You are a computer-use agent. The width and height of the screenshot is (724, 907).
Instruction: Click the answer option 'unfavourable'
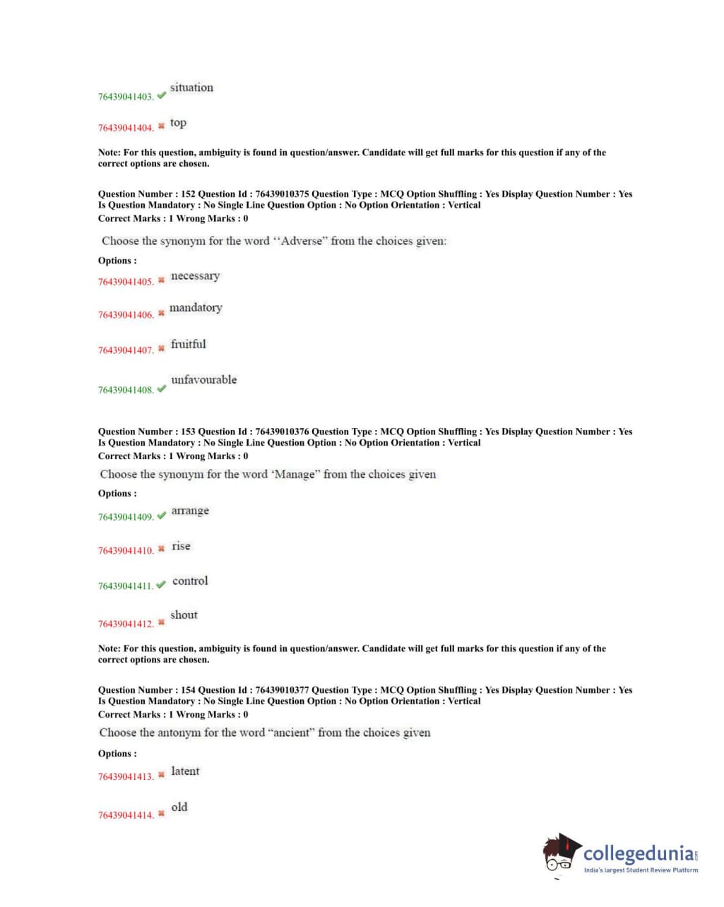coord(203,379)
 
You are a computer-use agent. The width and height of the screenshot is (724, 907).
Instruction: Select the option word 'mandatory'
coord(196,307)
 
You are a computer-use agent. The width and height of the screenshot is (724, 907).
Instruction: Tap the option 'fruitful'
coord(189,344)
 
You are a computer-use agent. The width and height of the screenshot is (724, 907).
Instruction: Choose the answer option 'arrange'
coord(190,511)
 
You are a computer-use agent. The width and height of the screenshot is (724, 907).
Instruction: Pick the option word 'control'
coord(190,581)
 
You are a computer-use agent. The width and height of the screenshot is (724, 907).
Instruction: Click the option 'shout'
coord(184,615)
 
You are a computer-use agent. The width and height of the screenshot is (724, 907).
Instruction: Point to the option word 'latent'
coord(185,771)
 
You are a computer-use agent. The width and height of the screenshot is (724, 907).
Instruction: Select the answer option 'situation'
coord(191,88)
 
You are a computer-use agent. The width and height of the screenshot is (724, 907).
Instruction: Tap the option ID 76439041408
coord(125,390)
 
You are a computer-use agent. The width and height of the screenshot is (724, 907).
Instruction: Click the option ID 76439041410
coord(125,550)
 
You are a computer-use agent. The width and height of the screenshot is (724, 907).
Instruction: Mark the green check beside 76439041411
coord(161,584)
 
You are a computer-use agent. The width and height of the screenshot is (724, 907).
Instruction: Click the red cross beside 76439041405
coord(161,280)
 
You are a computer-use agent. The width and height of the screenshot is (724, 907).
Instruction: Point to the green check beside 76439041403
coord(162,95)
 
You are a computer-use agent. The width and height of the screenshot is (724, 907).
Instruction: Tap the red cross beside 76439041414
coord(161,813)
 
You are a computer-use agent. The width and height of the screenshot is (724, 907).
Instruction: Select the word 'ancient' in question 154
coord(290,733)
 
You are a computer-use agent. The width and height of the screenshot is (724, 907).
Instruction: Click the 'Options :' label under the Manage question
coord(117,494)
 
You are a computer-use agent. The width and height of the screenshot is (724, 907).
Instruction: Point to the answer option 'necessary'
coord(195,275)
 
